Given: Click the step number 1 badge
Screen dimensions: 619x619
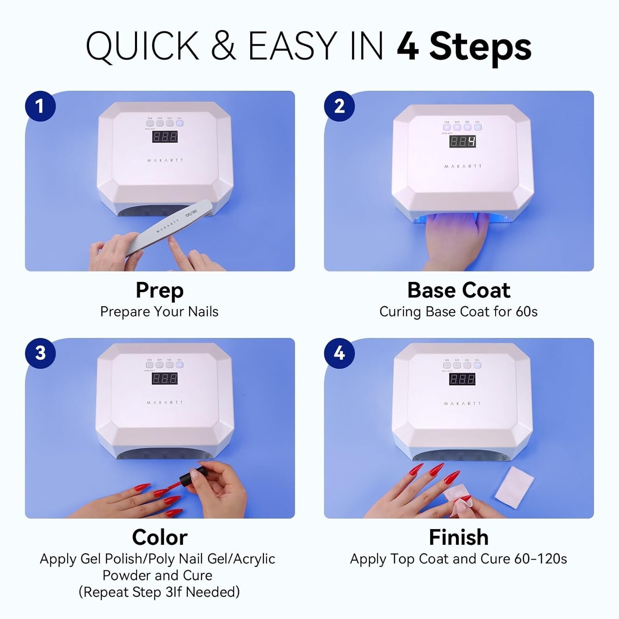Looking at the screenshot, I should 40,106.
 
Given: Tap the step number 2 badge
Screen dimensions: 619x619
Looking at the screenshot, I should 339,106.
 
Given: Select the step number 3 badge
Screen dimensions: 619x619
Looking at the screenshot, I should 40,353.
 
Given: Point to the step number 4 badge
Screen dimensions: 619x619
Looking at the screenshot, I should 339,353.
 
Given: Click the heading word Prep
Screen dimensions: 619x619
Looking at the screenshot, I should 160,291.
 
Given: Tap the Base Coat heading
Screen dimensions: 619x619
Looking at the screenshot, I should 458,290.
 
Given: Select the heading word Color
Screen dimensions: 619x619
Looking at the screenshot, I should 160,537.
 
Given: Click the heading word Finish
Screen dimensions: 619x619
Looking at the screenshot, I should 458,537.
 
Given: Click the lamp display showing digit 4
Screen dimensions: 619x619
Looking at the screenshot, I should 462,142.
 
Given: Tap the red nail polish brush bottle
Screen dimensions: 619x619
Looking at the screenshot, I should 194,477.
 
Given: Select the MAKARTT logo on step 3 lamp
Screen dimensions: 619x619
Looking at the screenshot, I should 165,402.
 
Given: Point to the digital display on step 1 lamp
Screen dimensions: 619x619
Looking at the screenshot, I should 165,137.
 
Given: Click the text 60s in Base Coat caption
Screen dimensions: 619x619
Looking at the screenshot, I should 526,312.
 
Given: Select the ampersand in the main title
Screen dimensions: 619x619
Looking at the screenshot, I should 223,46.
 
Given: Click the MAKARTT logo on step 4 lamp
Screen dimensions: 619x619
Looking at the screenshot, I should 462,403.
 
